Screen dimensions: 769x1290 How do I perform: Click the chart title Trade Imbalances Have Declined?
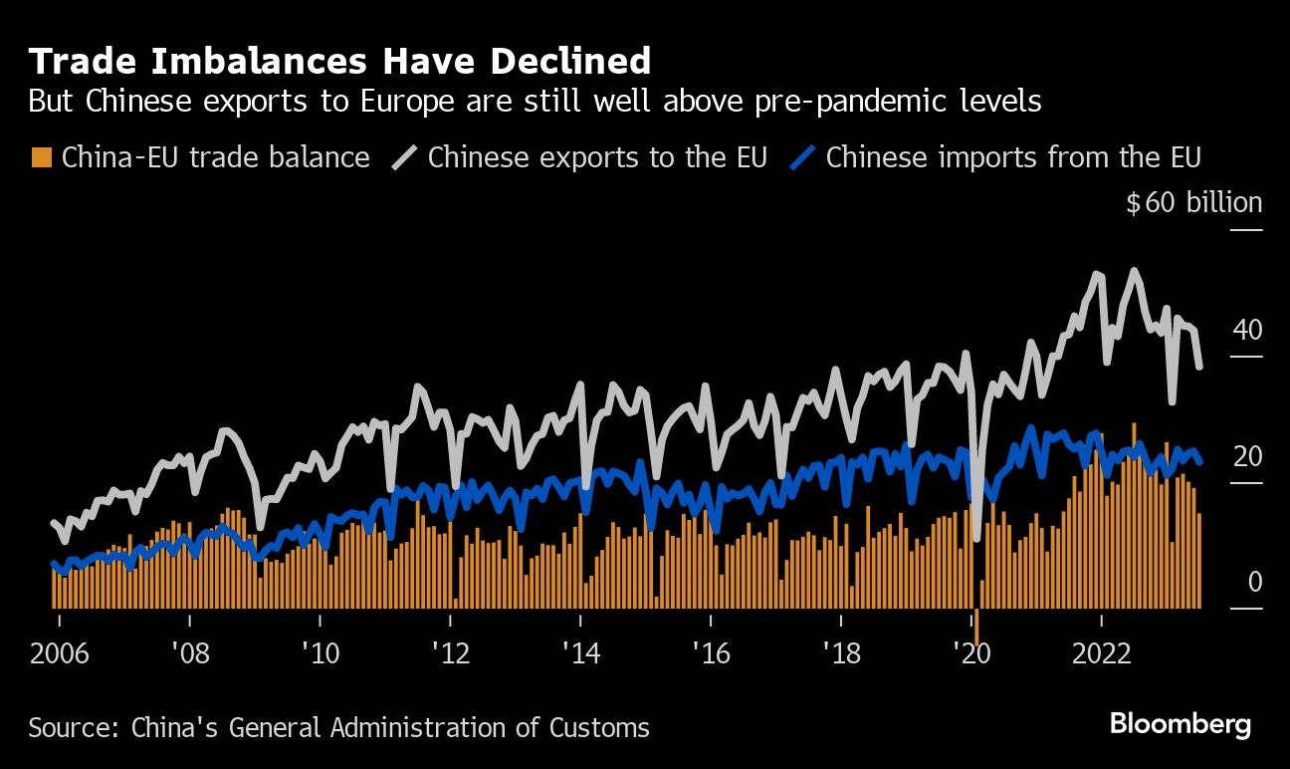(339, 62)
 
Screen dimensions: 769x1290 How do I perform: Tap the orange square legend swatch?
(41, 157)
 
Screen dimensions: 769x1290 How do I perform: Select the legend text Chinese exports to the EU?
(597, 157)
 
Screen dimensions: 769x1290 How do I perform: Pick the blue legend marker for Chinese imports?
(802, 157)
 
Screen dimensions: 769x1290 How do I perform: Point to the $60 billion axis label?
(1193, 203)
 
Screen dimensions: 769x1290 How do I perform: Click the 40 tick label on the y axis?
(1248, 330)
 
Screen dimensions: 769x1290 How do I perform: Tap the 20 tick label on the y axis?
(1248, 456)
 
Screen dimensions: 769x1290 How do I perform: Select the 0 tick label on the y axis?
(1254, 582)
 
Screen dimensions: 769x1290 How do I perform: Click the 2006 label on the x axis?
(59, 654)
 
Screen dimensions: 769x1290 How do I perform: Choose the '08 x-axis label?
(189, 654)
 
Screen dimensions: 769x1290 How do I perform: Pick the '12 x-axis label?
(450, 654)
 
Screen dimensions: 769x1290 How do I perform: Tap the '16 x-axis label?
(711, 654)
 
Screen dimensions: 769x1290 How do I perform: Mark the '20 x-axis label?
(971, 654)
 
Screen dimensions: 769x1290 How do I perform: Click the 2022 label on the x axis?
(1102, 654)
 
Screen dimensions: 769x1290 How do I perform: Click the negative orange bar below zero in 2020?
(977, 628)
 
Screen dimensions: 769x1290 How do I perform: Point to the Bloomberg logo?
(1180, 725)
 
